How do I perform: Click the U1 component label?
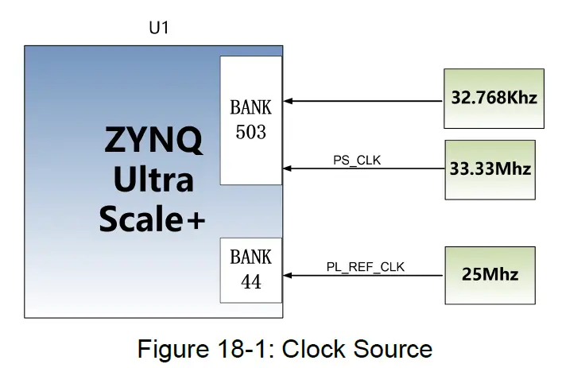click(159, 29)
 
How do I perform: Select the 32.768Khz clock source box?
click(494, 99)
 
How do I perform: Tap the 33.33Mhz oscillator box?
click(490, 169)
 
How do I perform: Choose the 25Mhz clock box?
click(490, 274)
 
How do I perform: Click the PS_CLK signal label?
click(357, 160)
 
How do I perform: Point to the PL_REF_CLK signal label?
click(366, 267)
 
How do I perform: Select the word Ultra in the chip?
click(153, 180)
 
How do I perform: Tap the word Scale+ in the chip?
click(152, 219)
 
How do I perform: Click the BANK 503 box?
click(251, 119)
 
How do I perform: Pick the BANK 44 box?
click(251, 269)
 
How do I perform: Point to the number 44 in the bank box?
click(251, 281)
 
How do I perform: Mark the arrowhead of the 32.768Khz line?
click(288, 101)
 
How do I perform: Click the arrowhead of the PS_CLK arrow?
click(288, 169)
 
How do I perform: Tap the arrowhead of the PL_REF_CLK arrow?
click(288, 275)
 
